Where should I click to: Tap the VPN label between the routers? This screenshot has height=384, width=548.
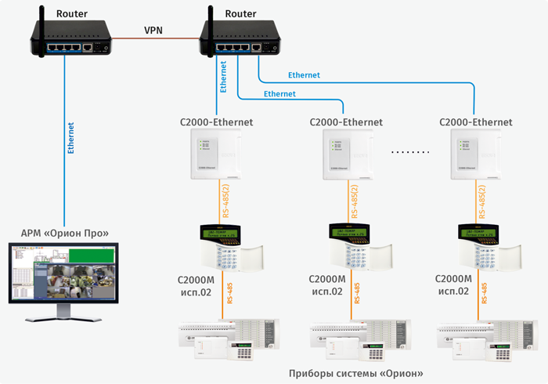tap(154, 29)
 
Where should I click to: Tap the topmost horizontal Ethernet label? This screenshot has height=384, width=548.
tap(304, 74)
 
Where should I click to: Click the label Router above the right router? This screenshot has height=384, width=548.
tap(240, 13)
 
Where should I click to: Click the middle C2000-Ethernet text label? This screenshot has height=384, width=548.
tap(346, 122)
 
